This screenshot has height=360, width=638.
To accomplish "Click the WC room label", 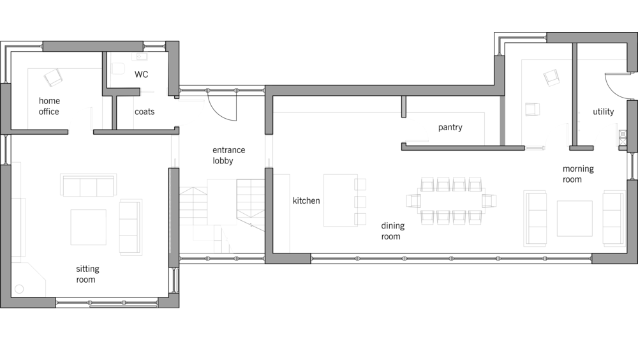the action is [x=141, y=74].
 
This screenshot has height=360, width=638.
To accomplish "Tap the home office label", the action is [x=49, y=106].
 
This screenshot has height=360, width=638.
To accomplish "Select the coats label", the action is [x=144, y=112].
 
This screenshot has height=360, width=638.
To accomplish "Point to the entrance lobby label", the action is [x=228, y=155].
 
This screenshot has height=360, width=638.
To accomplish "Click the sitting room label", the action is [x=87, y=274].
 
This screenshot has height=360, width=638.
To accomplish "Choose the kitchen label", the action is [x=306, y=200].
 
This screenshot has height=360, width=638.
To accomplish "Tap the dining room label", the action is [x=392, y=231].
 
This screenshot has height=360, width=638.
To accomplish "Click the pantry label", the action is [x=450, y=128].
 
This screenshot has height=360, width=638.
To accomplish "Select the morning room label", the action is [x=578, y=174].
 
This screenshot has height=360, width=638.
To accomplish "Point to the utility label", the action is [x=603, y=112].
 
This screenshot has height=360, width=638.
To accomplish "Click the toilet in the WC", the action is [x=118, y=68].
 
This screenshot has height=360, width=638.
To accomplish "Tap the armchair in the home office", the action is [x=53, y=77].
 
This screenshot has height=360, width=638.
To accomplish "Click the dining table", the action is [x=451, y=200].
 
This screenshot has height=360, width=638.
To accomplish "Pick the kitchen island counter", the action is [x=341, y=200].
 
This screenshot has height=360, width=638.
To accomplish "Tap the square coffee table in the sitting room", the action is [x=88, y=227].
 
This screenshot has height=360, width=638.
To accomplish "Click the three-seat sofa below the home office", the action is [x=88, y=185].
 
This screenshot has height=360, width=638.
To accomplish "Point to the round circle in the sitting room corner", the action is [x=19, y=289].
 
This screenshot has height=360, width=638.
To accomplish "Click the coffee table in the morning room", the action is [x=575, y=218].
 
